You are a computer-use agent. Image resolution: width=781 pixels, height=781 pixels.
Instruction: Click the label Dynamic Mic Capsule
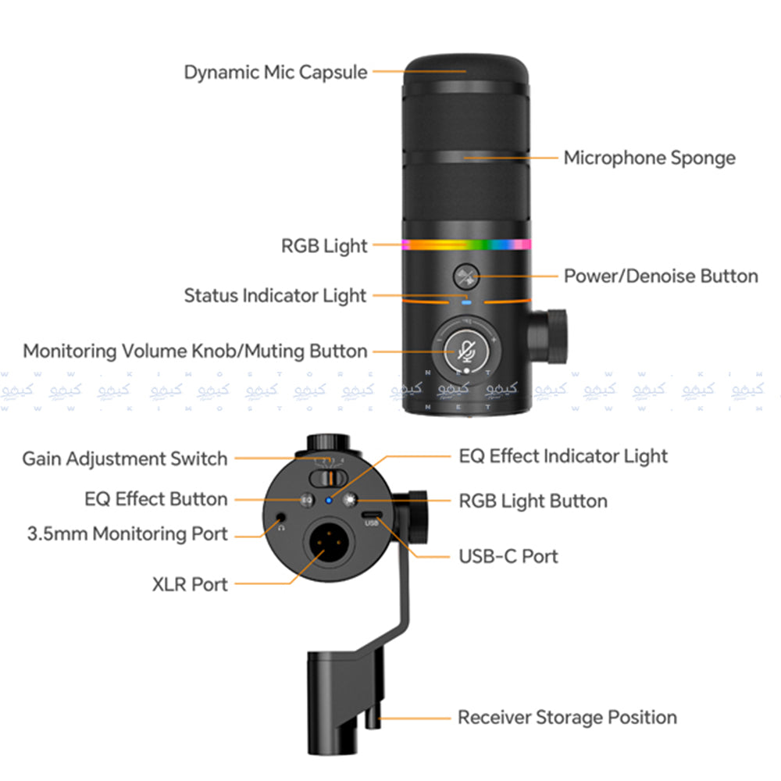click(275, 73)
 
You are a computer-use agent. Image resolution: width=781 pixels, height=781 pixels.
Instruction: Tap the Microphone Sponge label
click(649, 158)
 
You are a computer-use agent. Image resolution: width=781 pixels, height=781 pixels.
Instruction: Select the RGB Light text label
click(324, 246)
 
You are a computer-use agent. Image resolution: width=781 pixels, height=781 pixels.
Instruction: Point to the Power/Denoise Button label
click(661, 276)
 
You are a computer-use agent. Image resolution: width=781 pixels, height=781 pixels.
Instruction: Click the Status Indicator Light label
click(275, 295)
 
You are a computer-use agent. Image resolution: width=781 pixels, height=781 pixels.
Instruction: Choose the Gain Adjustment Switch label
click(125, 458)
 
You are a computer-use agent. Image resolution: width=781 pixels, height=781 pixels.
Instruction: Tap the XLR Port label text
click(190, 583)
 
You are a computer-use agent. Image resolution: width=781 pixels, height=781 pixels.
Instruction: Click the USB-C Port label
click(508, 556)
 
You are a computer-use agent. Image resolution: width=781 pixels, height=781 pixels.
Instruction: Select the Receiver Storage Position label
click(567, 717)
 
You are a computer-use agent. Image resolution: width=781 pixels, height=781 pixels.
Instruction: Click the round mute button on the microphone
click(467, 349)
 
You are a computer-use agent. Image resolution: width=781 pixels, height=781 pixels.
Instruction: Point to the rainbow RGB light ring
click(466, 244)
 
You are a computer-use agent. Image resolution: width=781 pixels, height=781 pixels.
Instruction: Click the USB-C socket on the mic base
click(372, 515)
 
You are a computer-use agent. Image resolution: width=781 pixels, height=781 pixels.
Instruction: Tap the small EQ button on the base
click(308, 498)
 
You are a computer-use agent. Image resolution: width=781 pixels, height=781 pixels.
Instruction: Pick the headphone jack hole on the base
click(281, 515)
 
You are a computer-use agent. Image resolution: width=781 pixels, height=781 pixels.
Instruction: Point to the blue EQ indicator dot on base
click(329, 500)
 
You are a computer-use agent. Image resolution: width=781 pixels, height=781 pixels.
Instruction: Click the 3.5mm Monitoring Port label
click(127, 534)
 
